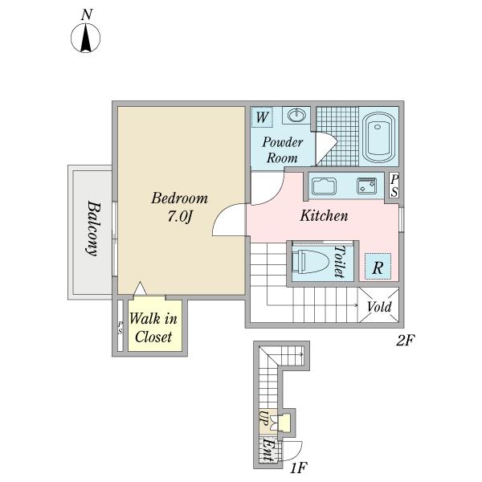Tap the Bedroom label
(x=179, y=198)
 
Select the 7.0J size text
(x=180, y=217)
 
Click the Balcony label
(x=93, y=228)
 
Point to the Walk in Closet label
(x=153, y=328)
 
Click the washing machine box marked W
(x=262, y=117)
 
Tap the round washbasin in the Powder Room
(x=296, y=115)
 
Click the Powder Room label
(x=282, y=150)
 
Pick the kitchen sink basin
(x=324, y=186)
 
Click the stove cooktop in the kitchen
(x=366, y=186)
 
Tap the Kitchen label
(x=324, y=215)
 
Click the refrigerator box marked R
(x=378, y=266)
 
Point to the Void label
(x=379, y=307)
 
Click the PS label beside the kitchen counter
(x=394, y=186)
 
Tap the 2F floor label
(x=406, y=341)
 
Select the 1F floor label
(x=298, y=468)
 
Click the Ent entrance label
(x=268, y=450)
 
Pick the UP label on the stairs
(x=263, y=418)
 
